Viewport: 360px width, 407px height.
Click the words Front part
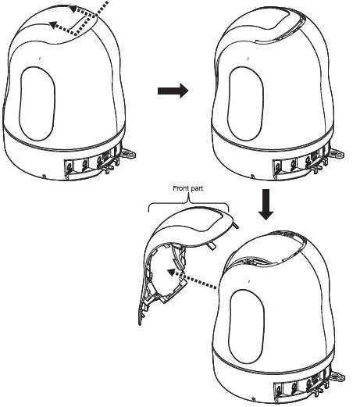point(187,188)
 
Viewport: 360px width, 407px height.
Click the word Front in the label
point(180,188)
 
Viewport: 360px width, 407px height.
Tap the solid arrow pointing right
point(173,91)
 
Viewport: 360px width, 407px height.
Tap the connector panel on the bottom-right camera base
point(301,384)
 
